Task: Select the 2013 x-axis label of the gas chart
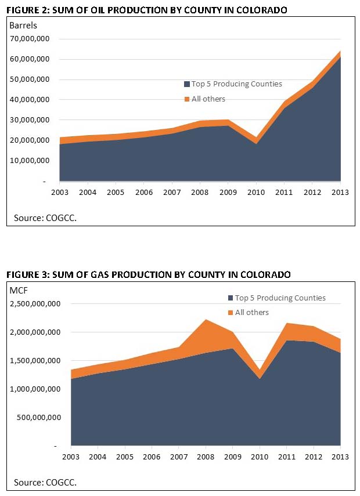click(340, 457)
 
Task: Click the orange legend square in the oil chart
click(186, 99)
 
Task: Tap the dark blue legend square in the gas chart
click(231, 299)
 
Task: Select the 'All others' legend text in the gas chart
click(252, 313)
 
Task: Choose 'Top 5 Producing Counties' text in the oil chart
click(237, 84)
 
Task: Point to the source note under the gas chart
click(45, 482)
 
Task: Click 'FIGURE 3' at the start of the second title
click(24, 274)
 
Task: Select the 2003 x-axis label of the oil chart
click(59, 192)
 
